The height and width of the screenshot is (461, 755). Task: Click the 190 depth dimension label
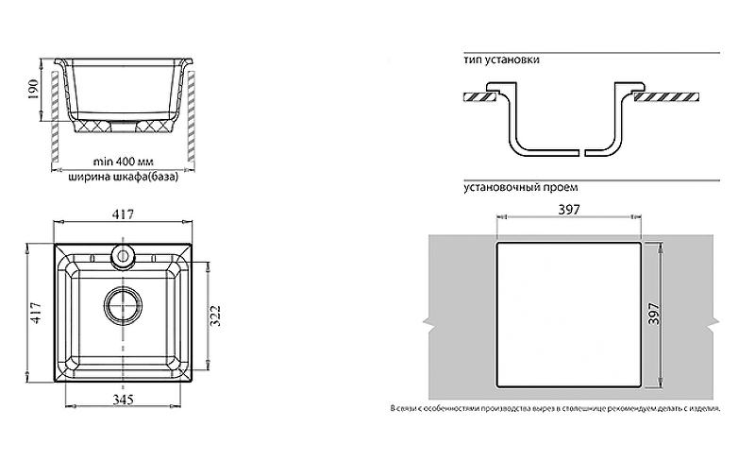click(x=33, y=89)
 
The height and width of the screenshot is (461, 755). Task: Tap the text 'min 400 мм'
click(x=124, y=162)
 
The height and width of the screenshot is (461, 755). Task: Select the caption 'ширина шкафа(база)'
click(x=124, y=177)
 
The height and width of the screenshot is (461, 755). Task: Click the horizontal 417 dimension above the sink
click(x=124, y=213)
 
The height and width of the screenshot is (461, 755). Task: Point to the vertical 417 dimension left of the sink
click(x=36, y=313)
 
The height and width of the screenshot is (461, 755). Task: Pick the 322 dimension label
click(x=216, y=316)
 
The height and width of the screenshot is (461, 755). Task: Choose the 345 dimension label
click(x=124, y=400)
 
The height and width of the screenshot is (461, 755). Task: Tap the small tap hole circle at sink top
click(x=123, y=255)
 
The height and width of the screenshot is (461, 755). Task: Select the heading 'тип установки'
click(x=501, y=60)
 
